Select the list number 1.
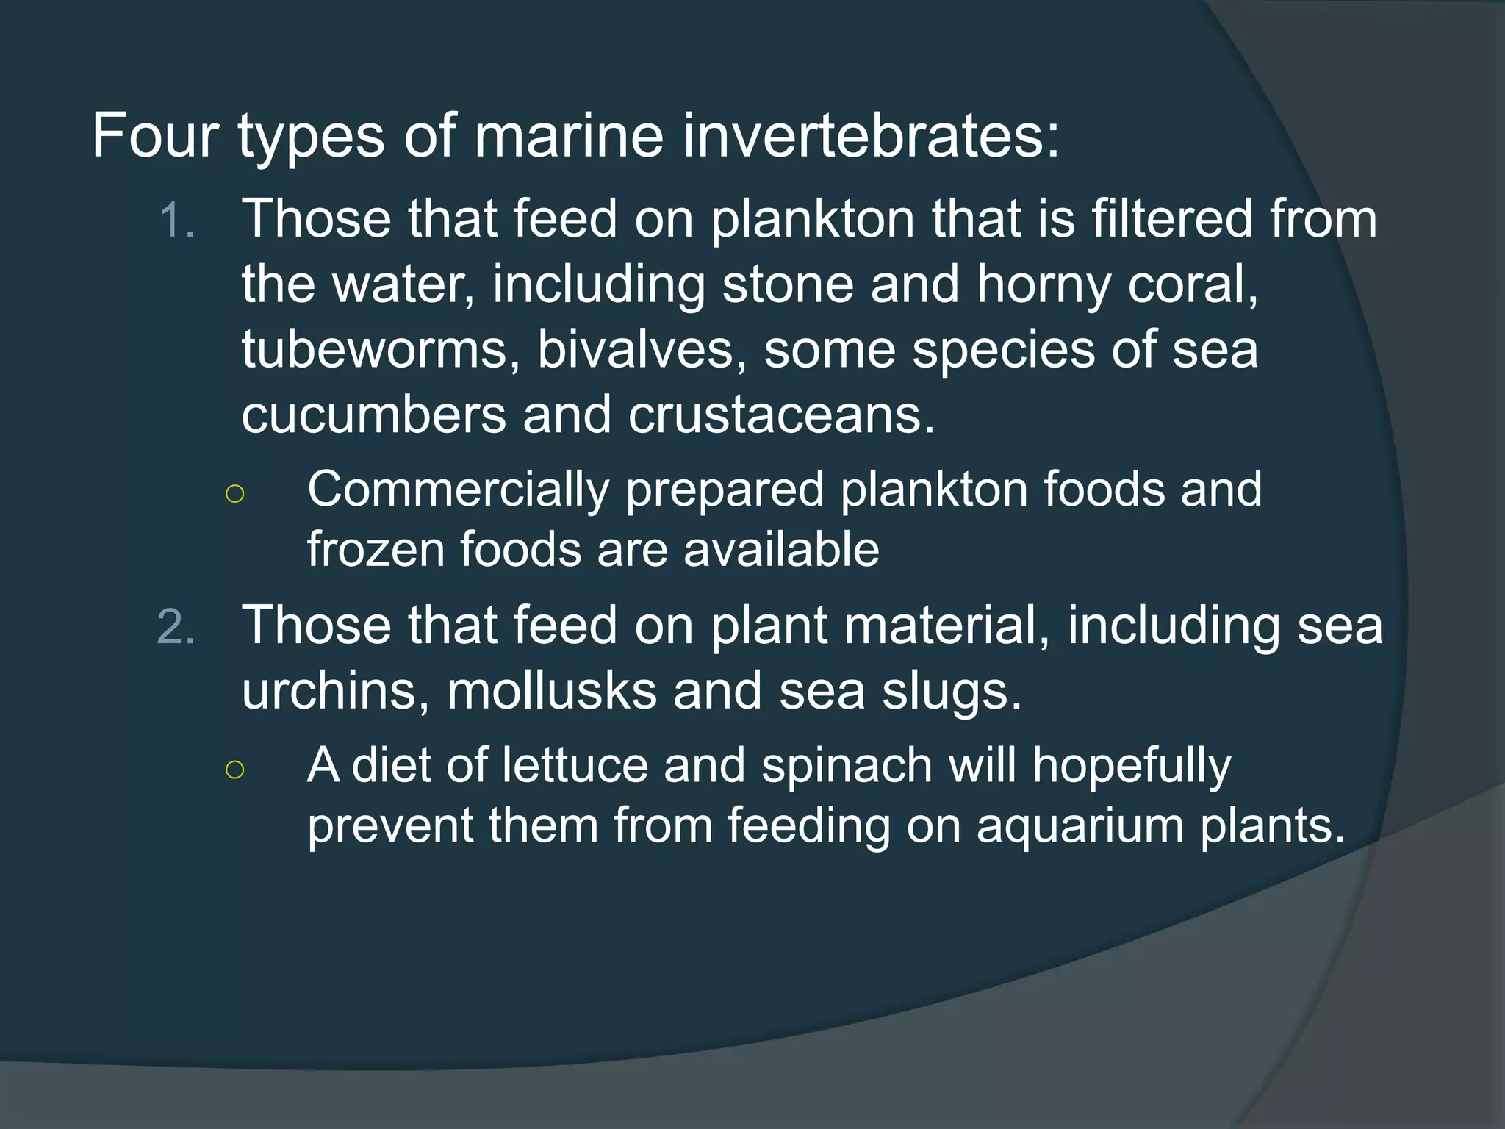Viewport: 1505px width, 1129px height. [176, 221]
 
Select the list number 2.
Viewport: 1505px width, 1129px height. [176, 627]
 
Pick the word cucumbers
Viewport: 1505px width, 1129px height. [373, 414]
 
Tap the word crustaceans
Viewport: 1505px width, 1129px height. [781, 414]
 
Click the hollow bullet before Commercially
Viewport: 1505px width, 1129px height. [234, 493]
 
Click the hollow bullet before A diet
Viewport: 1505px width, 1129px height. [234, 770]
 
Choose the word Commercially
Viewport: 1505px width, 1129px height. [458, 490]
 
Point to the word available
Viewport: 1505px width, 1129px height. [781, 549]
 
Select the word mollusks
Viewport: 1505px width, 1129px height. [551, 691]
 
